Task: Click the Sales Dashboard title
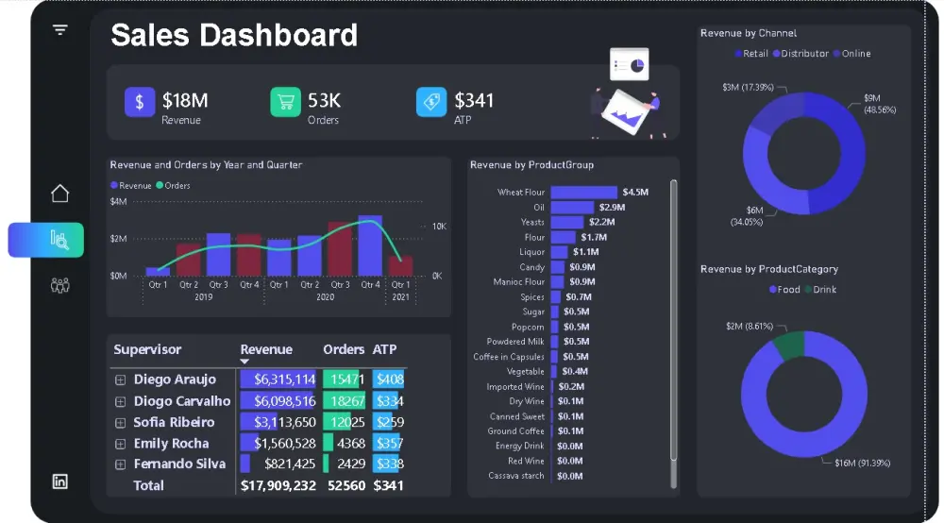pos(234,36)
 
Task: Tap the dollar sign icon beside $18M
pos(140,102)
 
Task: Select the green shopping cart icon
pos(285,102)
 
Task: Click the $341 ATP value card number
pos(474,100)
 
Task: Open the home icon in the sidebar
pos(59,194)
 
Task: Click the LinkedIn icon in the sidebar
pos(59,481)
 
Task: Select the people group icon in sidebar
pos(59,285)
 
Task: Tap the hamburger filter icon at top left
pos(60,30)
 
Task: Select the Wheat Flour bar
pos(583,193)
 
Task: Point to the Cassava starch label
pos(515,476)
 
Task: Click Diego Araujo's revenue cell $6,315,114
pos(278,380)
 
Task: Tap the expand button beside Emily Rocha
pos(120,444)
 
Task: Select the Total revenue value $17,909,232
pos(278,485)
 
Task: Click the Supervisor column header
pos(147,349)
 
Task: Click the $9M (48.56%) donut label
pos(879,104)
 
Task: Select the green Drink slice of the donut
pos(788,345)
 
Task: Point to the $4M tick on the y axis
pos(119,202)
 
